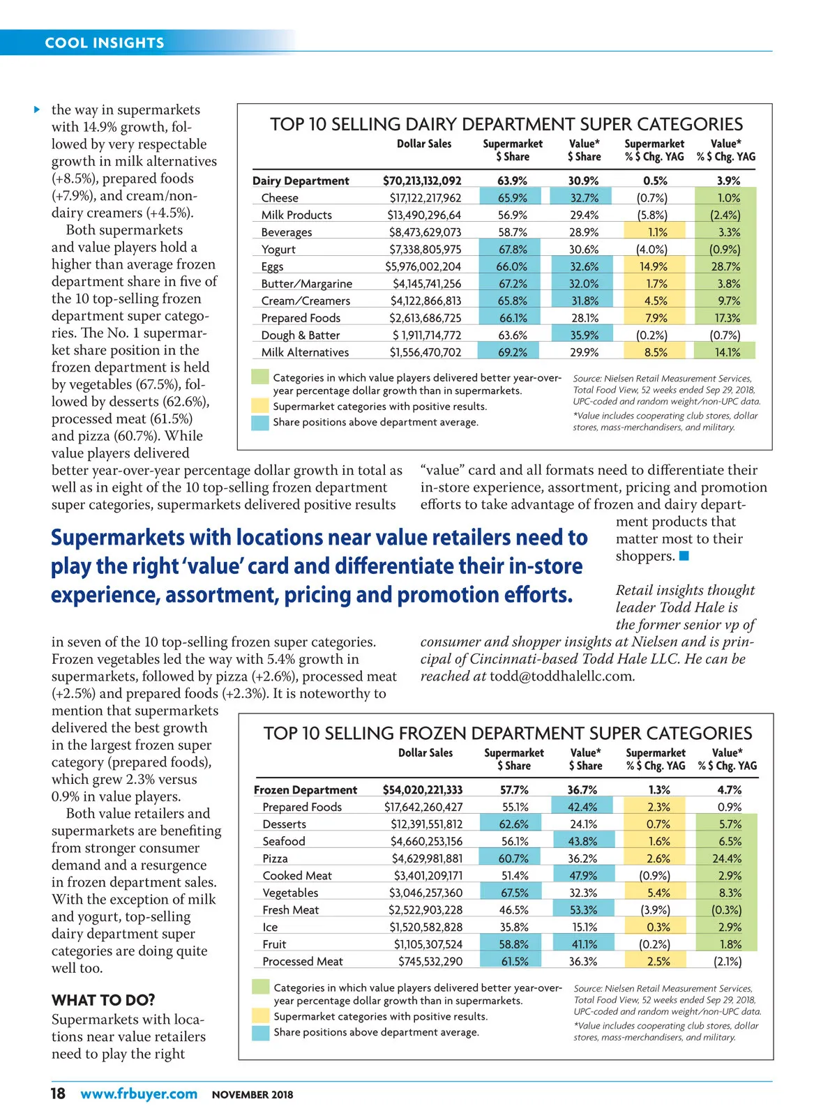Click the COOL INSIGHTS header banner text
pyautogui.click(x=105, y=43)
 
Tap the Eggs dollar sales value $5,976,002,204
pyautogui.click(x=423, y=266)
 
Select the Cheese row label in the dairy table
pyautogui.click(x=280, y=198)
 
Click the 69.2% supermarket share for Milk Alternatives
pyautogui.click(x=513, y=352)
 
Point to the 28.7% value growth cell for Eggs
pyautogui.click(x=726, y=266)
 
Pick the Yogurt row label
pyautogui.click(x=278, y=250)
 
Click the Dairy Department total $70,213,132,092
pyautogui.click(x=422, y=181)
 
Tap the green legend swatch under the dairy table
pyautogui.click(x=260, y=377)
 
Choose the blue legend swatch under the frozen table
pyautogui.click(x=261, y=1033)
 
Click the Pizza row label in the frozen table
pyautogui.click(x=275, y=858)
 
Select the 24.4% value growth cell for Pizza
pyautogui.click(x=727, y=858)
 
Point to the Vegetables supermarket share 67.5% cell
pyautogui.click(x=514, y=893)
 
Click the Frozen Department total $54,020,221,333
pyautogui.click(x=423, y=790)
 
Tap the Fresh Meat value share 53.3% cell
pyautogui.click(x=582, y=910)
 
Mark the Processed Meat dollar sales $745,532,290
pyautogui.click(x=430, y=962)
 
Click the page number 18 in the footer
pyautogui.click(x=58, y=1093)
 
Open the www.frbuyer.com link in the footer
pyautogui.click(x=139, y=1094)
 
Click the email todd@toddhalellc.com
pyautogui.click(x=562, y=676)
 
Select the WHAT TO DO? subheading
pyautogui.click(x=103, y=1000)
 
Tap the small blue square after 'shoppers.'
pyautogui.click(x=684, y=556)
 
